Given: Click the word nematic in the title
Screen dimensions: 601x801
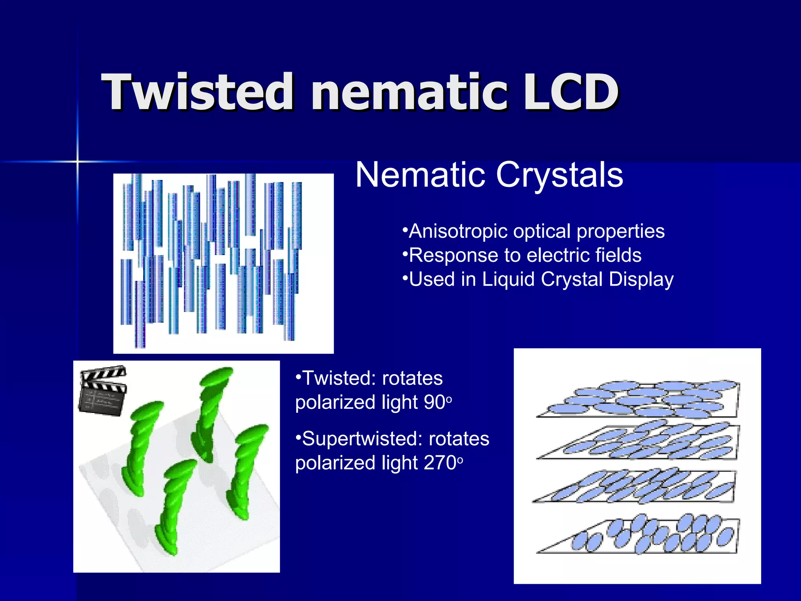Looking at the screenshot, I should (x=409, y=93).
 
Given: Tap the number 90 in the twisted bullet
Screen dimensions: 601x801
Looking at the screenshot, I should (x=435, y=403).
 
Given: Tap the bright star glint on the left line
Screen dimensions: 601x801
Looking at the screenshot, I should (x=77, y=162).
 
